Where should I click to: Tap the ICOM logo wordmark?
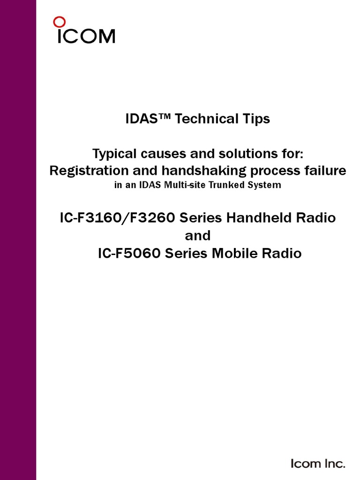click(86, 37)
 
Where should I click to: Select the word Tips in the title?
click(256, 119)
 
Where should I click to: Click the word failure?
click(323, 171)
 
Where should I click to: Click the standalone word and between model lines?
click(197, 236)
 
